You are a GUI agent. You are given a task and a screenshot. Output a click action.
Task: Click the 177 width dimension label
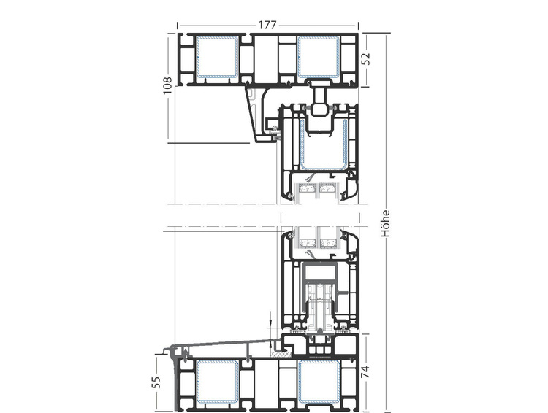(267, 25)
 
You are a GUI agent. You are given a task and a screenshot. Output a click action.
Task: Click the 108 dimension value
(167, 85)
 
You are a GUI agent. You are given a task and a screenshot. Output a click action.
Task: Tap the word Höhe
(385, 223)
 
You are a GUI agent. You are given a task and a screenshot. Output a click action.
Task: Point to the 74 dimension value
(365, 371)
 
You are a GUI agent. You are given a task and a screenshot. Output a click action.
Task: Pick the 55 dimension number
(156, 382)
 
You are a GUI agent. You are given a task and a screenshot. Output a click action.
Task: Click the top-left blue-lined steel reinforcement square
(218, 57)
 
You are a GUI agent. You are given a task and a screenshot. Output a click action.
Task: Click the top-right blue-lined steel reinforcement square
(319, 57)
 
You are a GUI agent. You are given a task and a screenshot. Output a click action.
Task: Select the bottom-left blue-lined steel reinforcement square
(218, 381)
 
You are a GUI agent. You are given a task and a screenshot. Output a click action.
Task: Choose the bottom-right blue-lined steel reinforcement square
(319, 381)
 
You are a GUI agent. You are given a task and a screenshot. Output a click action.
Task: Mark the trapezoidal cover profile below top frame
(259, 115)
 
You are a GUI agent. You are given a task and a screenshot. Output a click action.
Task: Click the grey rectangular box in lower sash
(320, 272)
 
